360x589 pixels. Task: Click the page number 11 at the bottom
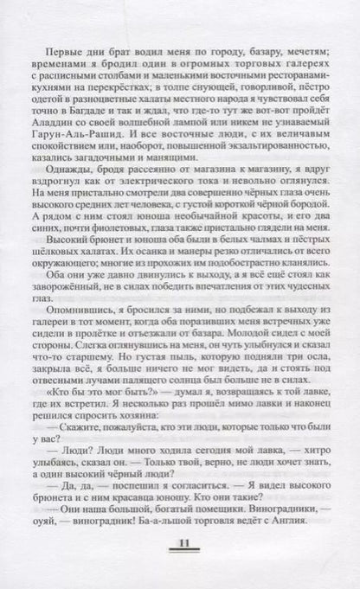pos(179,543)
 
